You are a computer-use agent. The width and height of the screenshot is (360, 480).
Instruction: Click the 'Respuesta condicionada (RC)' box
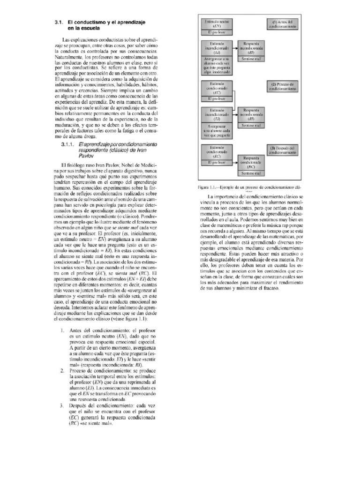pos(251,162)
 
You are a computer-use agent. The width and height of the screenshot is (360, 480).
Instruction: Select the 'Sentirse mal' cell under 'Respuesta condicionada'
pos(251,173)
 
